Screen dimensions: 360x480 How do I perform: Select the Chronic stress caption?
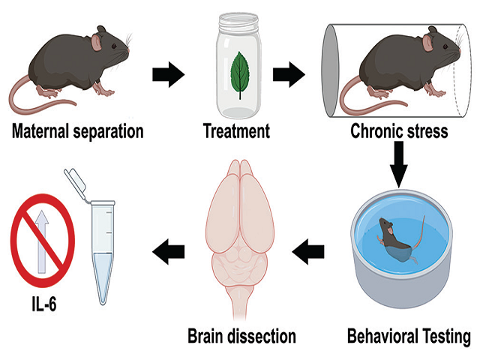[x=399, y=132]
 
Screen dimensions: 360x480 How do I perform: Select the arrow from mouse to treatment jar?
[x=167, y=74]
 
